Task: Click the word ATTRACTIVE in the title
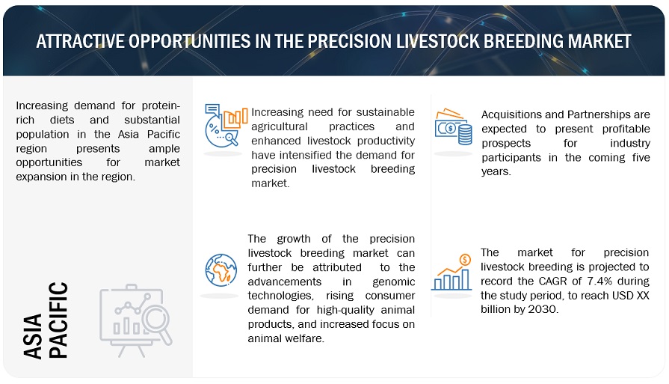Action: pos(79,41)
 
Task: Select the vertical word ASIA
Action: pos(33,336)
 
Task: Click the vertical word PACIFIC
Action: pos(58,320)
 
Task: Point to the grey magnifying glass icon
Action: pos(157,323)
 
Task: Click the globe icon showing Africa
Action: pos(221,270)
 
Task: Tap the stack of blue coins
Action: pos(465,134)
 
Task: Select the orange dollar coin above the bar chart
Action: pos(465,259)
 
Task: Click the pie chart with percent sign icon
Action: pos(218,132)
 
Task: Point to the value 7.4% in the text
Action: pos(600,281)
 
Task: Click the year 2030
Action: pos(543,309)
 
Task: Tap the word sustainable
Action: pos(385,112)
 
